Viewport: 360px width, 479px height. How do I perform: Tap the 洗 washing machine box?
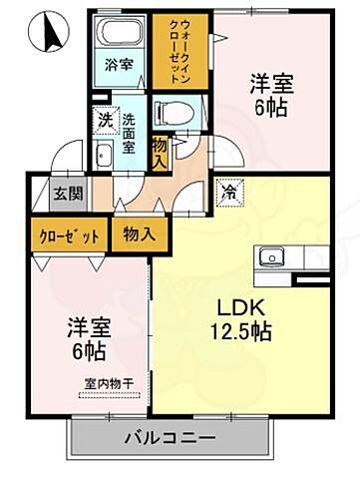[x=104, y=119]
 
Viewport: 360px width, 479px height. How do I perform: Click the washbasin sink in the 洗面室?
[x=104, y=154]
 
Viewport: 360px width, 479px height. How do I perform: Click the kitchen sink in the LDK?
[x=273, y=256]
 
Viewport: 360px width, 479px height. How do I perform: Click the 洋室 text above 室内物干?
[x=88, y=325]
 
